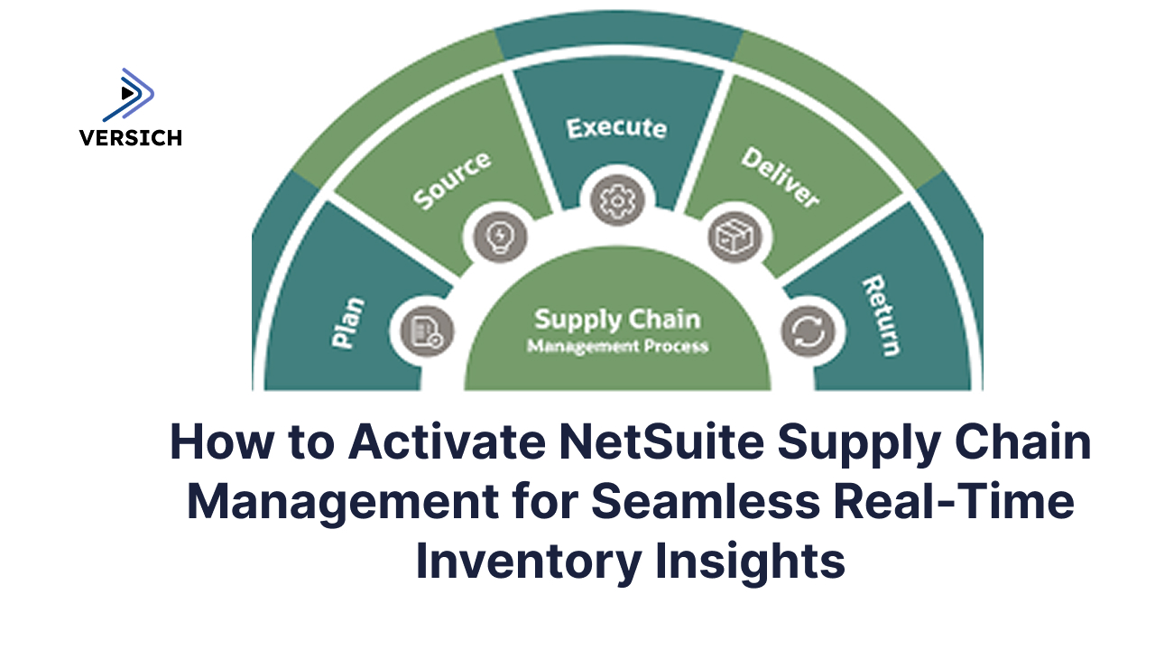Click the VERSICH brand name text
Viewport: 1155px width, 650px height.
click(x=130, y=138)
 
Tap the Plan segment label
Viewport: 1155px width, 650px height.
click(x=348, y=322)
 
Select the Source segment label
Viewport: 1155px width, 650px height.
click(x=452, y=181)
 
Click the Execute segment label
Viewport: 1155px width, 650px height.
click(x=616, y=127)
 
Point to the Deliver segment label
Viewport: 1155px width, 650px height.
click(x=780, y=177)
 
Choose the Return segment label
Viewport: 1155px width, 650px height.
click(x=881, y=316)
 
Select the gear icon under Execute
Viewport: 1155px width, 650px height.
click(x=617, y=198)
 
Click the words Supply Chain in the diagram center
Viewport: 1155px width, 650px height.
click(x=617, y=320)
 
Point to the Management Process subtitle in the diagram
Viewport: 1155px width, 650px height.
click(x=617, y=346)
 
